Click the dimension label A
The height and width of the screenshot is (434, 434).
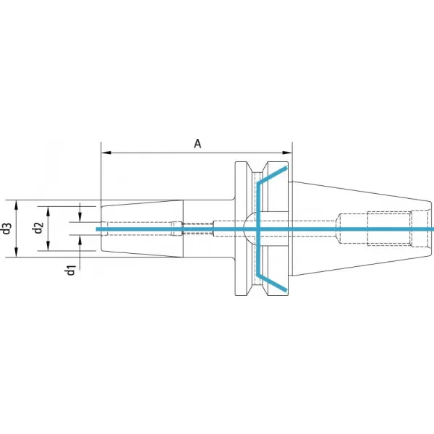point(197,144)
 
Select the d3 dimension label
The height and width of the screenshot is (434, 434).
point(7,229)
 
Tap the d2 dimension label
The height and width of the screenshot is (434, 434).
point(38,228)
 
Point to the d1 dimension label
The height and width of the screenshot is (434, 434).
point(70,270)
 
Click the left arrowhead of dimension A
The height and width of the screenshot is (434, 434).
point(106,153)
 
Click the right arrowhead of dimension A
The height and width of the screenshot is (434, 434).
point(287,153)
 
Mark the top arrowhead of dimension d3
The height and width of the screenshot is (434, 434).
point(16,205)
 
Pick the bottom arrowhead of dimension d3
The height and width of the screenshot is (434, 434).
point(16,252)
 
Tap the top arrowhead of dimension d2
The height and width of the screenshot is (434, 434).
point(48,211)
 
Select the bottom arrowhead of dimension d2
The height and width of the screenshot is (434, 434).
point(48,246)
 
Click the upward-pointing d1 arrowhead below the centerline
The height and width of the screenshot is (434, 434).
point(80,240)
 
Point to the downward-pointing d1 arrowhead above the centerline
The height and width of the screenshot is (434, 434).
point(80,217)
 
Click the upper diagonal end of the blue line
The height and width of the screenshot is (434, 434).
point(286,167)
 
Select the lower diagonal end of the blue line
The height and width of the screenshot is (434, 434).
point(286,290)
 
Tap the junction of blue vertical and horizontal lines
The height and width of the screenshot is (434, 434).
point(258,229)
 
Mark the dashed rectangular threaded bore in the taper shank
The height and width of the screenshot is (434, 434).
point(389,229)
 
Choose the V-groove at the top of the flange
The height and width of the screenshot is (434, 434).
point(257,167)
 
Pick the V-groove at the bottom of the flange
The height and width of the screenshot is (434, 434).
point(257,290)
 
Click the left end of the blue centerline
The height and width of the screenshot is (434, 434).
point(97,229)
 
